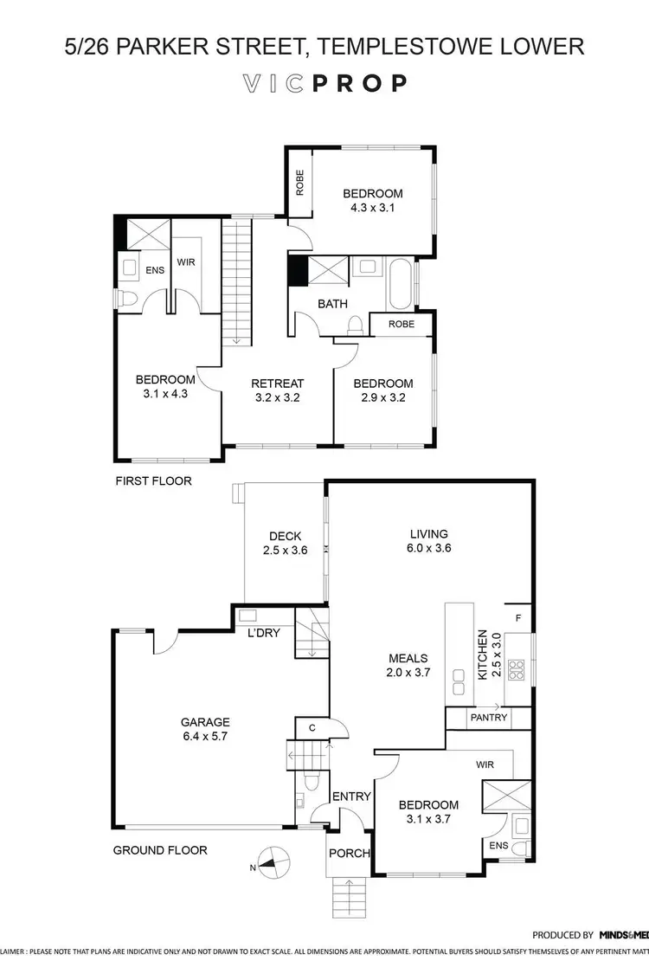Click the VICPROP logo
(324, 83)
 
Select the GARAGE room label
(205, 721)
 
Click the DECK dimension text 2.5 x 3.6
(285, 551)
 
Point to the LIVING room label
(429, 533)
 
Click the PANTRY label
(488, 718)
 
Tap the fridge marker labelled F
(517, 618)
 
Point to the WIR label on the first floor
(186, 261)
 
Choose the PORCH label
(349, 853)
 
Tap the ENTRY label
(351, 797)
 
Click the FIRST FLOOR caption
(153, 481)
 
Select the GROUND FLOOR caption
(160, 850)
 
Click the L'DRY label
(263, 634)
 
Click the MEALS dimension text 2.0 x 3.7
(409, 673)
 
